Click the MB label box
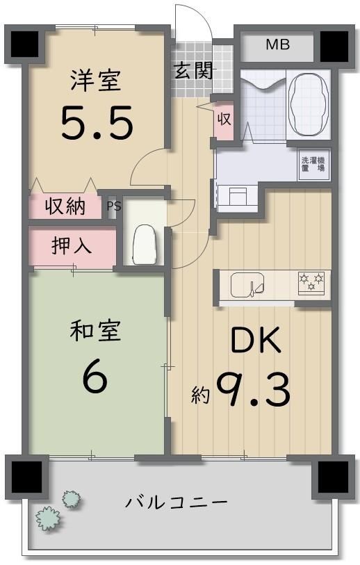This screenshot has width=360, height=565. tap(277, 46)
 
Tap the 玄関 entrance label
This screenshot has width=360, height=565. tap(193, 70)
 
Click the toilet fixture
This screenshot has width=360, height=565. tap(145, 245)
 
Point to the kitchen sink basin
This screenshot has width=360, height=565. tap(247, 285)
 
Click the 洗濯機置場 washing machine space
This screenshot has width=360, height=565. tap(313, 164)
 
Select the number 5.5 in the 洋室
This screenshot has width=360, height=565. tap(97, 122)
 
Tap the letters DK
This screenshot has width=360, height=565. tap(256, 341)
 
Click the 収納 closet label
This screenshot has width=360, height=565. tap(65, 206)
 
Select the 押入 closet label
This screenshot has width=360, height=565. tap(72, 246)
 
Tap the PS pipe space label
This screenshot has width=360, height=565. tap(114, 206)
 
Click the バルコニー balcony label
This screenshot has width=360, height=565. tap(177, 502)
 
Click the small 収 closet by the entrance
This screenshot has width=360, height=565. tap(224, 119)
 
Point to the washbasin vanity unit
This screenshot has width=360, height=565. tap(237, 197)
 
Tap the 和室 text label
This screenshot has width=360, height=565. tap(95, 331)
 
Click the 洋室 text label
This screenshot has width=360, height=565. tap(96, 81)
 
